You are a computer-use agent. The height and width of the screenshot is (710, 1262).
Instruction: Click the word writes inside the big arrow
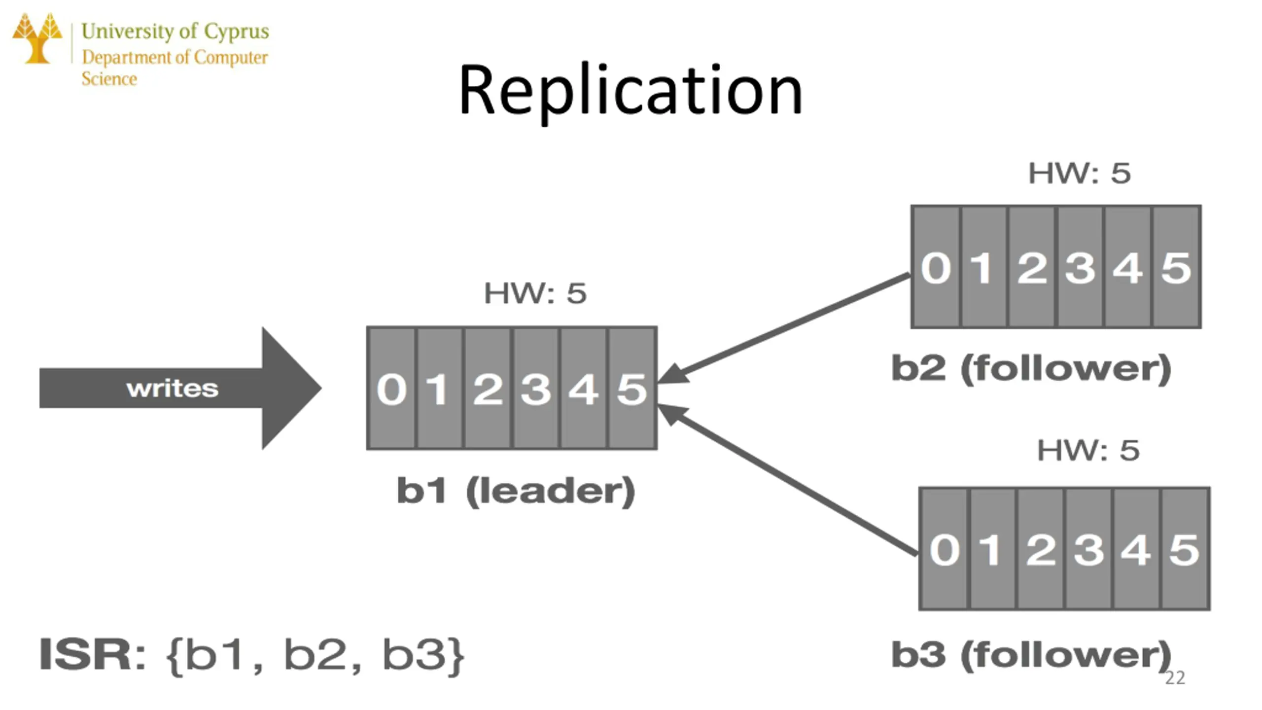pos(172,389)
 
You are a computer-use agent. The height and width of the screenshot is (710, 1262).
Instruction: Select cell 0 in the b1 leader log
pos(392,389)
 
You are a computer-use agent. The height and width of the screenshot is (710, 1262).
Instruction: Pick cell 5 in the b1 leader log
pos(632,389)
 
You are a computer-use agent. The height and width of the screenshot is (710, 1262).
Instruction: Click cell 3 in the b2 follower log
pos(1080,268)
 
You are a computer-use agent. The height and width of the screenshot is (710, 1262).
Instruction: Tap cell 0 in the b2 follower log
pos(936,268)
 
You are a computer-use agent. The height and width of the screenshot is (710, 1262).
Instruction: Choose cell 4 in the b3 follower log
pos(1136,549)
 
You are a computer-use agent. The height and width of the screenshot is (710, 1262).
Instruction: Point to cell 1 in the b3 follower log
pos(992,549)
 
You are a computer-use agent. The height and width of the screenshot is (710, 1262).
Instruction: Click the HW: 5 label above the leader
pos(535,293)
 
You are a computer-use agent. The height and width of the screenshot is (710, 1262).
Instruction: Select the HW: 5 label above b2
pos(1080,173)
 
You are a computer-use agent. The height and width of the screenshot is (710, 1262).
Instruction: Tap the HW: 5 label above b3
pos(1088,450)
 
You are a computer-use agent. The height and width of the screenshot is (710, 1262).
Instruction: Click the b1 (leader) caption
pos(516,491)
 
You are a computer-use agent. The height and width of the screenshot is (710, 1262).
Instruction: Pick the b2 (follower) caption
pos(1031,368)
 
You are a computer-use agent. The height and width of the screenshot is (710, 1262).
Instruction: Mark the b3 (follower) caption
pos(1031,655)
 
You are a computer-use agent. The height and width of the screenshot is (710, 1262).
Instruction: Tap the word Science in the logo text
pos(109,79)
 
